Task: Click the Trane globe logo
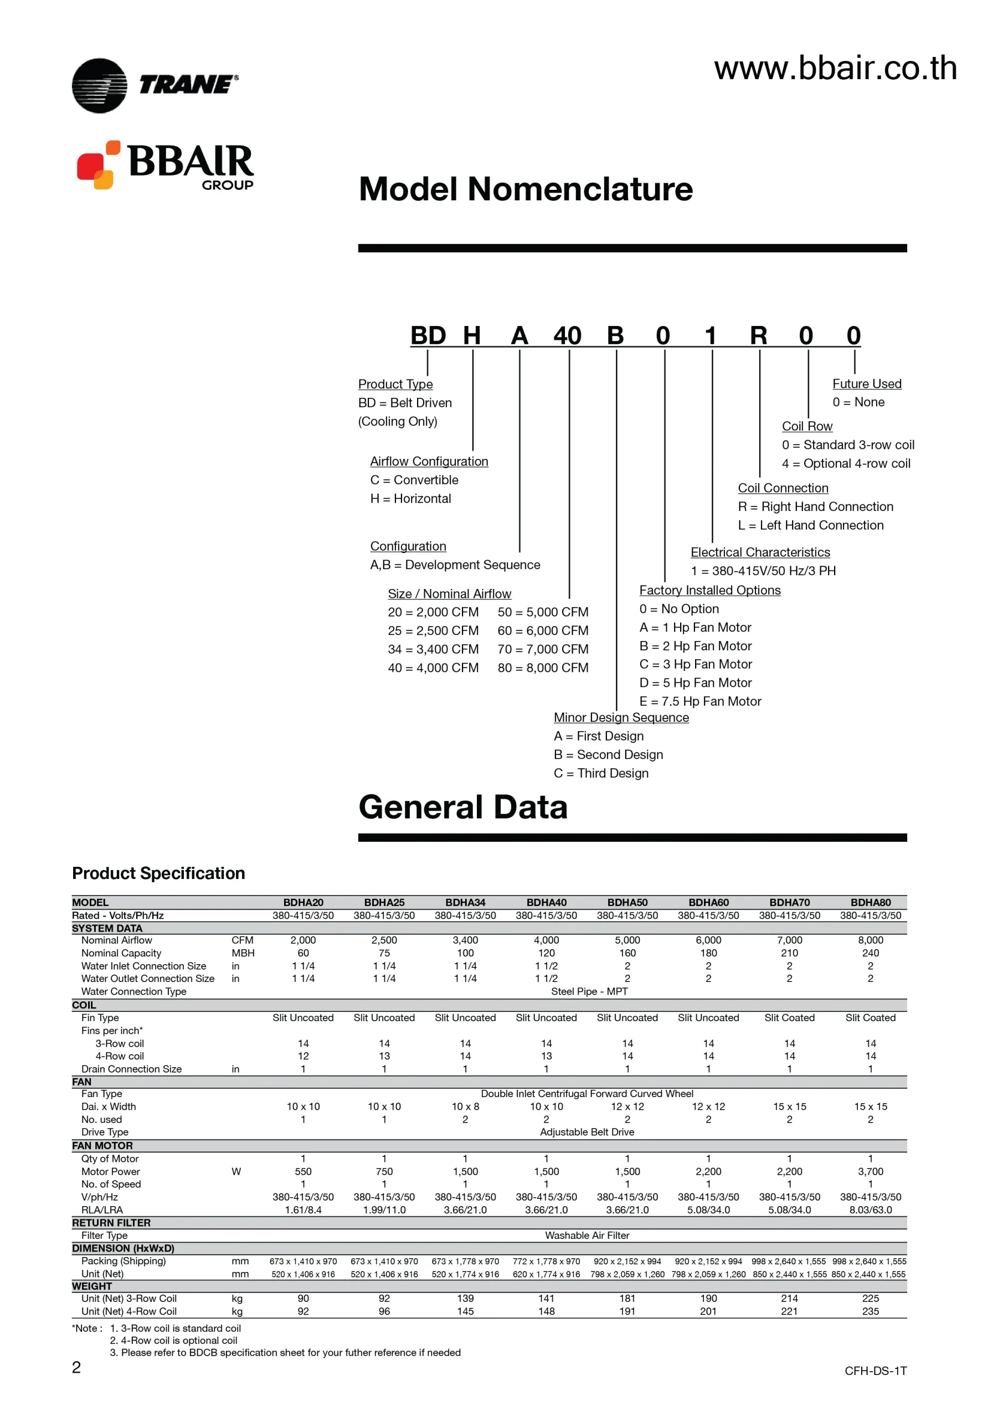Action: (x=100, y=85)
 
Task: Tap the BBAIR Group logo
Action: (x=165, y=165)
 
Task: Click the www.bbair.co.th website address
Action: (x=835, y=68)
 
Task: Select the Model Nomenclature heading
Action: (x=526, y=189)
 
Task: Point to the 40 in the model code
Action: (x=567, y=336)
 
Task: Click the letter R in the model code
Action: (x=758, y=336)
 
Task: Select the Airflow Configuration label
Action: (x=429, y=461)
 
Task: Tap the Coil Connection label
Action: (x=783, y=488)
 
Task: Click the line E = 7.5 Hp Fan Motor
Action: (x=699, y=701)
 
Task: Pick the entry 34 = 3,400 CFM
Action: (x=433, y=649)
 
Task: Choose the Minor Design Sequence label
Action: (x=621, y=717)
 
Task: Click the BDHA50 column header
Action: (x=627, y=902)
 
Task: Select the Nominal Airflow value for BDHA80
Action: (x=870, y=940)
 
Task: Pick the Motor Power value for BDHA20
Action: (x=302, y=1171)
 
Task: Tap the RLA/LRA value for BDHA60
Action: (x=708, y=1209)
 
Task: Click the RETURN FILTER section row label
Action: (x=111, y=1223)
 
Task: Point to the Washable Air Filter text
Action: (x=587, y=1235)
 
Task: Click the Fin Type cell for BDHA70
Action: (x=789, y=1018)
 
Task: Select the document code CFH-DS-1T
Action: (x=875, y=1371)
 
